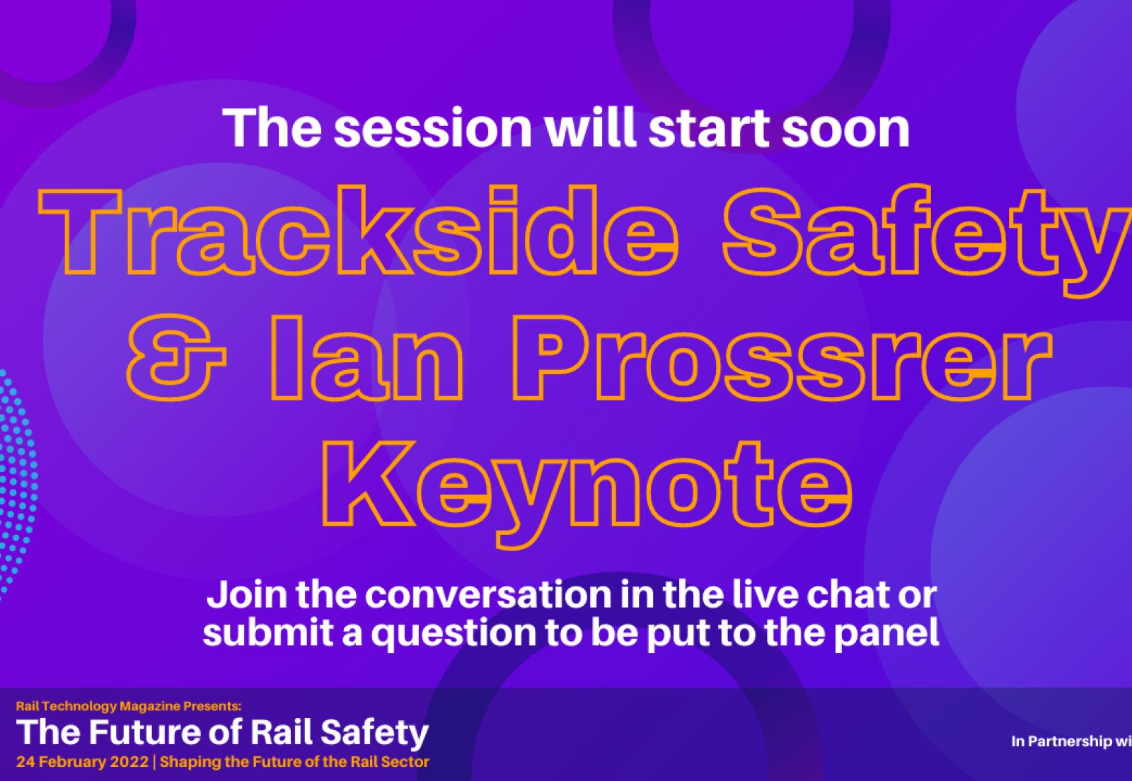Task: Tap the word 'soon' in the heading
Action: tap(845, 129)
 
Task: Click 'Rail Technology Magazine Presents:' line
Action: tap(129, 705)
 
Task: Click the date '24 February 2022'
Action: tap(82, 762)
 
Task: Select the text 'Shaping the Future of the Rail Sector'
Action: tap(295, 762)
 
